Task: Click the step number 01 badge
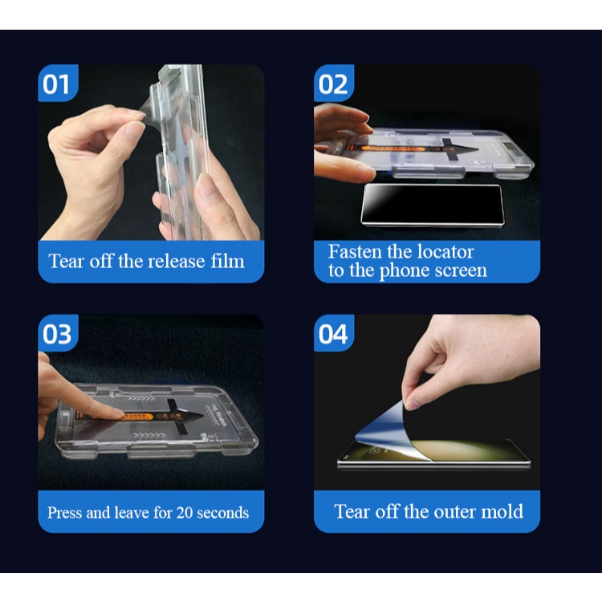[x=58, y=83]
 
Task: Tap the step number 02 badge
[x=334, y=83]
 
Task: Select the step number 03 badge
[x=58, y=333]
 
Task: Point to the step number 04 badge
[x=334, y=333]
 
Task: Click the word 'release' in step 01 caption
[x=177, y=261]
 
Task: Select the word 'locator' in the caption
[x=445, y=252]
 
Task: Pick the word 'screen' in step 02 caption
[x=461, y=270]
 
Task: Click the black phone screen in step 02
[x=433, y=205]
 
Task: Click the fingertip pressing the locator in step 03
[x=115, y=414]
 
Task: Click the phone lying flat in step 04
[x=433, y=455]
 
